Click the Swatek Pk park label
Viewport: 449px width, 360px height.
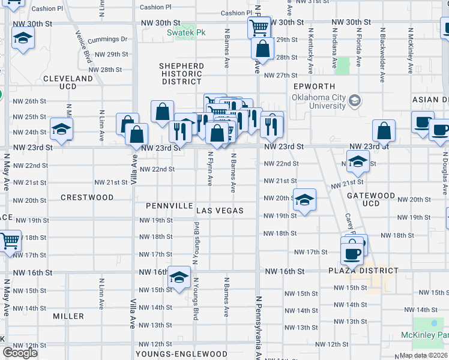tap(186, 32)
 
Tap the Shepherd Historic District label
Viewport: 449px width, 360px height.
tap(181, 73)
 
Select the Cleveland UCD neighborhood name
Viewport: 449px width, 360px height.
tap(68, 82)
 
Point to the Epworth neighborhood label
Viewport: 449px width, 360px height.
tap(310, 86)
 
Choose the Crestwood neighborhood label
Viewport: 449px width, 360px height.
tap(87, 197)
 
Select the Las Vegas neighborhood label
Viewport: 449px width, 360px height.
tap(220, 211)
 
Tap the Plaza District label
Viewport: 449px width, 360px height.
tap(363, 271)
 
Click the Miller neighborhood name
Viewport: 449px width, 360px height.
tap(68, 316)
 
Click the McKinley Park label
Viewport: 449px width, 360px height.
tap(425, 334)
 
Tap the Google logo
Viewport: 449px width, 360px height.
tap(20, 353)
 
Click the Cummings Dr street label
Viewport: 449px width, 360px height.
tap(107, 40)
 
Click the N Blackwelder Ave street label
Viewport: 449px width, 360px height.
tap(382, 54)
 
